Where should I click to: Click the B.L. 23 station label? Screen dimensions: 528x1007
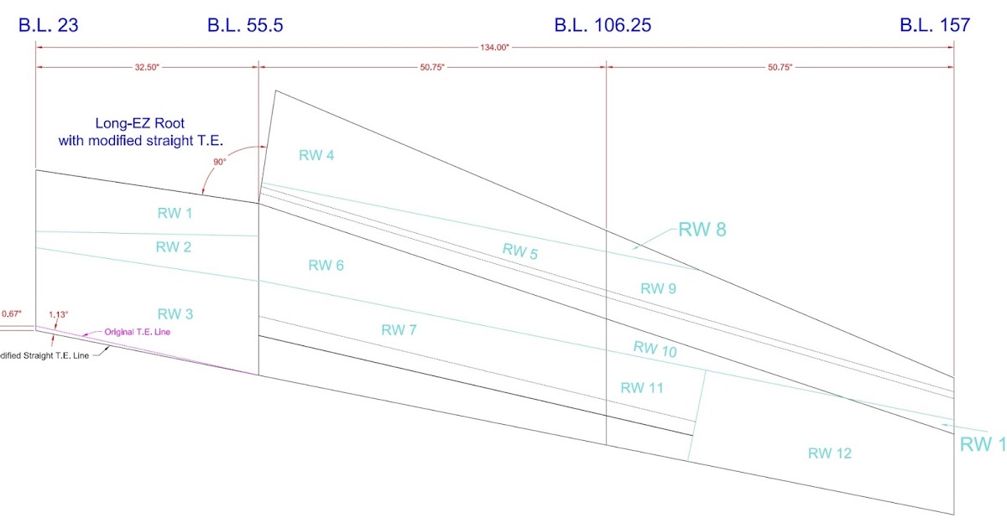[x=48, y=25]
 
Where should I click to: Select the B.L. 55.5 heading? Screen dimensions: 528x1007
[x=245, y=25]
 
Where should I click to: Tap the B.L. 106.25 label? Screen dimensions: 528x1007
[x=602, y=25]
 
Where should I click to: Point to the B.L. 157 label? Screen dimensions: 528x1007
[x=935, y=25]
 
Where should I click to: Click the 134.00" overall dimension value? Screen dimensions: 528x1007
[x=494, y=48]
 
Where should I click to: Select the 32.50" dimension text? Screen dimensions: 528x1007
[x=146, y=68]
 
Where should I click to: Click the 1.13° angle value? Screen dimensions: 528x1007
[x=58, y=314]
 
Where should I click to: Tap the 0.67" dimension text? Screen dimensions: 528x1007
[x=12, y=313]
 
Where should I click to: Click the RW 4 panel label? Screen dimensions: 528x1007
[x=316, y=154]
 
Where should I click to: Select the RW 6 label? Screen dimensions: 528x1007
[x=326, y=266]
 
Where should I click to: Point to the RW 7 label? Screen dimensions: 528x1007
[x=399, y=329]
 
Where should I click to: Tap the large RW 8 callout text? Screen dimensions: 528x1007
[x=702, y=230]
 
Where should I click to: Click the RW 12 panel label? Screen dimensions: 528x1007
[x=829, y=453]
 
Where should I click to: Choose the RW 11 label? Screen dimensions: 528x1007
[x=641, y=387]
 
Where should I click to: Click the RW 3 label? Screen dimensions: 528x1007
[x=175, y=314]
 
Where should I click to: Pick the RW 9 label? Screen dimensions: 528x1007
[x=658, y=288]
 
